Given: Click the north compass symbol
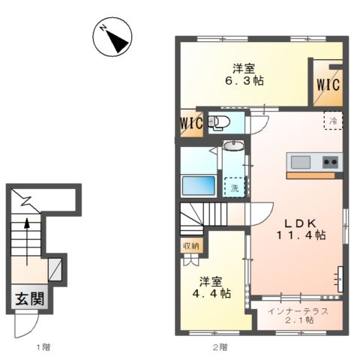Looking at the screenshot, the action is click(x=112, y=37).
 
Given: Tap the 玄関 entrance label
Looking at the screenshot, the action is click(x=30, y=298).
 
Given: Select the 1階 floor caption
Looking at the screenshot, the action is click(x=43, y=347).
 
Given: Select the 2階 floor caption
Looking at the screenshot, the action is click(x=220, y=347).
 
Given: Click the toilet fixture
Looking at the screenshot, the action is click(x=219, y=123).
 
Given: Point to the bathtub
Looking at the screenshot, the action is click(x=199, y=186).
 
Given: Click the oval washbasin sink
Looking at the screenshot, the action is click(x=233, y=145).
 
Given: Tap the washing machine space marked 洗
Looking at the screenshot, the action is click(x=234, y=187).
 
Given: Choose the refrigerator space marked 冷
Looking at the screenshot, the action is click(x=333, y=121).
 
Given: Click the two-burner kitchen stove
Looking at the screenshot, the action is click(x=330, y=162).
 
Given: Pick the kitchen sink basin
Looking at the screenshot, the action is click(x=301, y=162).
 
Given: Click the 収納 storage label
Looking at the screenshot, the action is click(x=191, y=246).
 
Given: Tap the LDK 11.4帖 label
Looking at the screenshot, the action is click(x=301, y=229).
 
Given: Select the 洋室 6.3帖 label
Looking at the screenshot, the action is click(x=244, y=75).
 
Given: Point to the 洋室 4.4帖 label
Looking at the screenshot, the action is click(x=211, y=287).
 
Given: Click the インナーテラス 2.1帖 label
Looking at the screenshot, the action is click(x=298, y=316).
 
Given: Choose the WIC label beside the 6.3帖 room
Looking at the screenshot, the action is click(x=328, y=85).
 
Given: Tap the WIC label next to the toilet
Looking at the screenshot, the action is click(x=191, y=123).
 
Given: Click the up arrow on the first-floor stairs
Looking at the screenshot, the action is click(x=27, y=241).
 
